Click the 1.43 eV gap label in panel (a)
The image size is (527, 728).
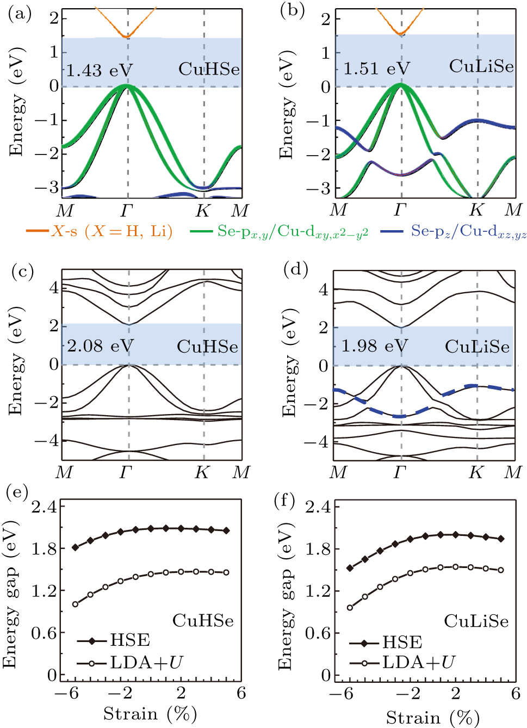pos(99,71)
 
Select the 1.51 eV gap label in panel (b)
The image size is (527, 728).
pos(376,69)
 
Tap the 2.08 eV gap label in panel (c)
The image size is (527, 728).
pos(100,346)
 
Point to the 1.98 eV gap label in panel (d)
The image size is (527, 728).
pos(374,346)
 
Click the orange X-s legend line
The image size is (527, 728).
pos(38,231)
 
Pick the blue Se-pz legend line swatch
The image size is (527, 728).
pos(392,231)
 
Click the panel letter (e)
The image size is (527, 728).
pos(17,492)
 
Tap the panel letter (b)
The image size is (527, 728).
pos(292,11)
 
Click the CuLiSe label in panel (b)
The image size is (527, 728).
pos(481,66)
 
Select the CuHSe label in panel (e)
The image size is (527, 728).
pos(203,620)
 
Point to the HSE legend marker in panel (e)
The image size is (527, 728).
pos(92,641)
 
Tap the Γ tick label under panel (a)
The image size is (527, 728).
pos(127,210)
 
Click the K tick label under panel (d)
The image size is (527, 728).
pos(476,472)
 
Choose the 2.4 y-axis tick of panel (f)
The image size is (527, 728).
pos(318,507)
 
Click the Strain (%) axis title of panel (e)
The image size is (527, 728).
pos(150,713)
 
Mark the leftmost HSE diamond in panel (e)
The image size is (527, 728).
pos(76,547)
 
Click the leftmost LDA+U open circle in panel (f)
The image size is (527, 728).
pos(350,607)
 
